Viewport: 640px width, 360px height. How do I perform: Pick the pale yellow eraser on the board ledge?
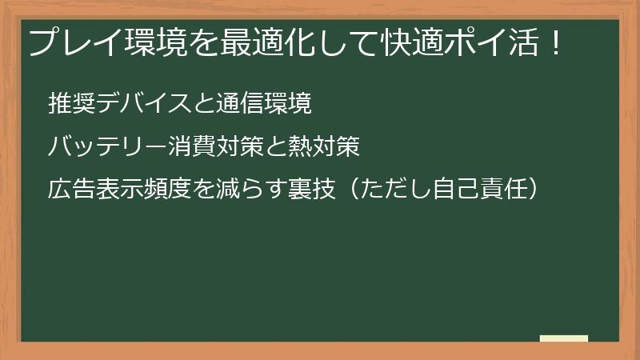pos(563,338)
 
